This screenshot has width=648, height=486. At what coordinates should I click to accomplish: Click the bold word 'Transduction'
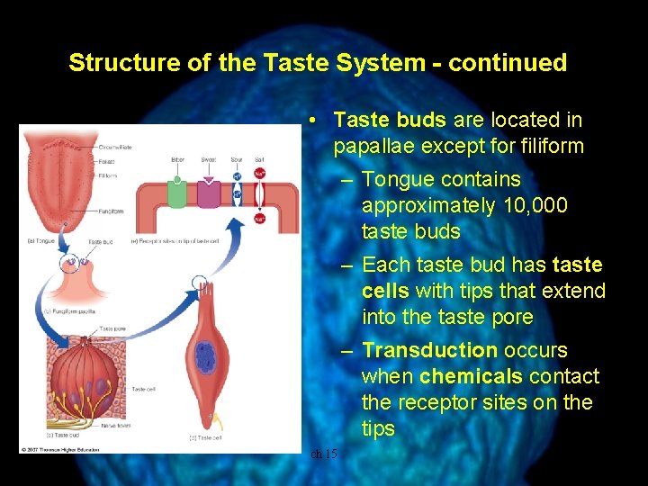pyautogui.click(x=429, y=350)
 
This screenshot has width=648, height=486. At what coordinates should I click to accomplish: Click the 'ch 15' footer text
pyautogui.click(x=324, y=454)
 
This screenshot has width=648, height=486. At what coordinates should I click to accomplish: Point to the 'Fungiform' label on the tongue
pyautogui.click(x=112, y=211)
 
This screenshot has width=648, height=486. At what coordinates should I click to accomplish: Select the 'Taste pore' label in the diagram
pyautogui.click(x=112, y=328)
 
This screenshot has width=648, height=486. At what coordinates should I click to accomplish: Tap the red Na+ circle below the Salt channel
pyautogui.click(x=260, y=219)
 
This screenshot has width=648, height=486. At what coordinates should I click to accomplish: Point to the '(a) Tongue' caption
pyautogui.click(x=40, y=242)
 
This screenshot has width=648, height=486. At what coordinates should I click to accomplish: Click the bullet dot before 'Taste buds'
pyautogui.click(x=310, y=120)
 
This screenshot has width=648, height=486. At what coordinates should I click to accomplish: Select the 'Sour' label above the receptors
pyautogui.click(x=236, y=159)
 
